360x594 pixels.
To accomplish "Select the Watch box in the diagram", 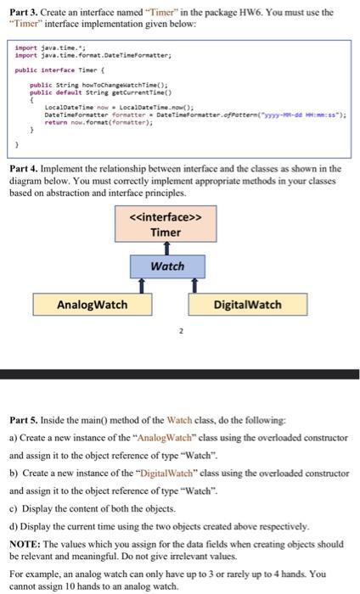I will click(x=166, y=266).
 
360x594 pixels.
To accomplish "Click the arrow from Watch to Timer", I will click(x=166, y=246).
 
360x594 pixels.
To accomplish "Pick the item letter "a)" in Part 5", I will click(x=12, y=437).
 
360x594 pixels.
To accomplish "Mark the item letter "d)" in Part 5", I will click(x=12, y=526).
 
